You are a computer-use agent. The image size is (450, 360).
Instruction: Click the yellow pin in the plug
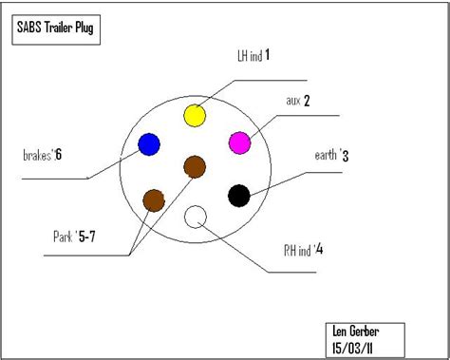(x=194, y=116)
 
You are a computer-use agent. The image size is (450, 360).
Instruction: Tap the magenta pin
(x=239, y=142)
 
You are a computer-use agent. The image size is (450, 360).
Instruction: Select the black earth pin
(x=239, y=196)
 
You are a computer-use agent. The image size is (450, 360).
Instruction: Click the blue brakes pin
(x=149, y=144)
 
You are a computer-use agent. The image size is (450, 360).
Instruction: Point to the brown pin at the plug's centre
(x=195, y=168)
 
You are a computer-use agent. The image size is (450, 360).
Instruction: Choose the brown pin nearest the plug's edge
(x=153, y=199)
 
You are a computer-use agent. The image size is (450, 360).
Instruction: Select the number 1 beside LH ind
(x=268, y=55)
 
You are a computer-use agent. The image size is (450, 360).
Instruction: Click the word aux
(x=293, y=100)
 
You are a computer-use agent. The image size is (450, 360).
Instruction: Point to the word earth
(x=326, y=155)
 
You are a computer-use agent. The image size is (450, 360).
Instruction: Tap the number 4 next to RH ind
(x=320, y=251)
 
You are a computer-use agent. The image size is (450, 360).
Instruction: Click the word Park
(x=64, y=237)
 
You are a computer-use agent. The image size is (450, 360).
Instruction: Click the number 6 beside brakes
(x=59, y=155)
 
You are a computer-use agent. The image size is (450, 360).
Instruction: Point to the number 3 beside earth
(x=347, y=155)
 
